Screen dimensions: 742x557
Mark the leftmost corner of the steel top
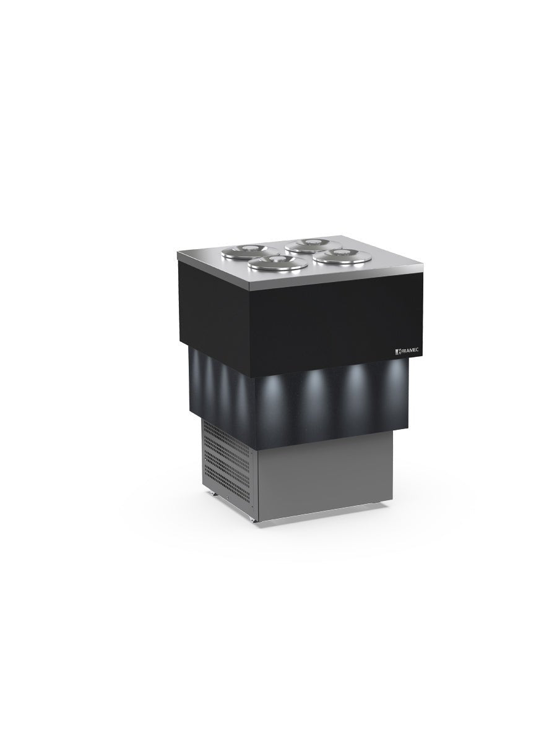[x=178, y=254]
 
